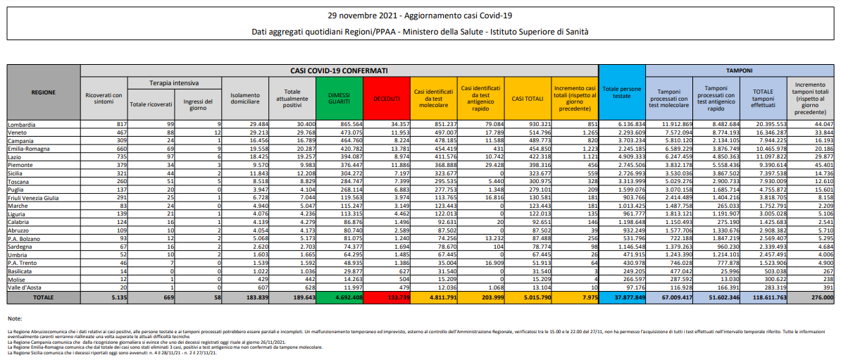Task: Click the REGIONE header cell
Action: [x=44, y=92]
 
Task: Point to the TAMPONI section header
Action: [x=740, y=70]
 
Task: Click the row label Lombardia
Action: [x=23, y=124]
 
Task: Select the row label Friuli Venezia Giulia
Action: [x=34, y=197]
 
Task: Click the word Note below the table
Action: [x=14, y=318]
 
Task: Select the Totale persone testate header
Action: [x=622, y=92]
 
